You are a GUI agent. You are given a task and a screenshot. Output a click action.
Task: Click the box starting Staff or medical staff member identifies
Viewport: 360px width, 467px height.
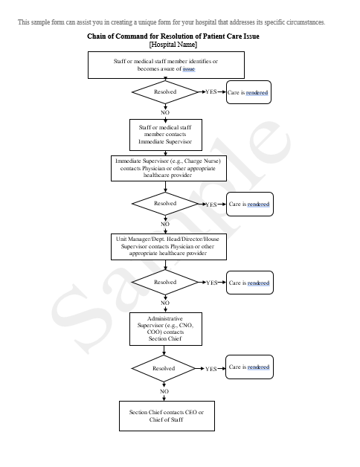(x=164, y=65)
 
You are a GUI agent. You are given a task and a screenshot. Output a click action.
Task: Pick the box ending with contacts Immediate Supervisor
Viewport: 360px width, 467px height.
(x=164, y=135)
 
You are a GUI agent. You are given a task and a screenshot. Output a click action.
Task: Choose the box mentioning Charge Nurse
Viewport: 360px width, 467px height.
(x=168, y=168)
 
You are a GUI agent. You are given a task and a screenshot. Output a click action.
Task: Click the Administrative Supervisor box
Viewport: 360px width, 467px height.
(x=164, y=329)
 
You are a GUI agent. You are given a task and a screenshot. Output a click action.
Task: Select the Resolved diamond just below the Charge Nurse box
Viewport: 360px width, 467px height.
(x=165, y=203)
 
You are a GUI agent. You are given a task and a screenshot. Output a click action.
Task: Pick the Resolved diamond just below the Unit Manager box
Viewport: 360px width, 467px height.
(x=165, y=283)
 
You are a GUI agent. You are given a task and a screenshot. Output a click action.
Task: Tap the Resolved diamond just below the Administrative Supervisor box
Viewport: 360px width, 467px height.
(x=164, y=368)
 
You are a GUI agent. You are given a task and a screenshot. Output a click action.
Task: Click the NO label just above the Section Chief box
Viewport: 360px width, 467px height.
(x=164, y=390)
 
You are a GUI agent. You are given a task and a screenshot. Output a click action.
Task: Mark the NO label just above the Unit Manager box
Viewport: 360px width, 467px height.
(x=165, y=223)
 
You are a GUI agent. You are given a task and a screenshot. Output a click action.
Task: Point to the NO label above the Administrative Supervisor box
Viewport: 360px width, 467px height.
(x=165, y=303)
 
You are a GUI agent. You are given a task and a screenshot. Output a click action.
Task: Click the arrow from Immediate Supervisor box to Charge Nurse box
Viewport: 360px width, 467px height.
(x=164, y=152)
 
